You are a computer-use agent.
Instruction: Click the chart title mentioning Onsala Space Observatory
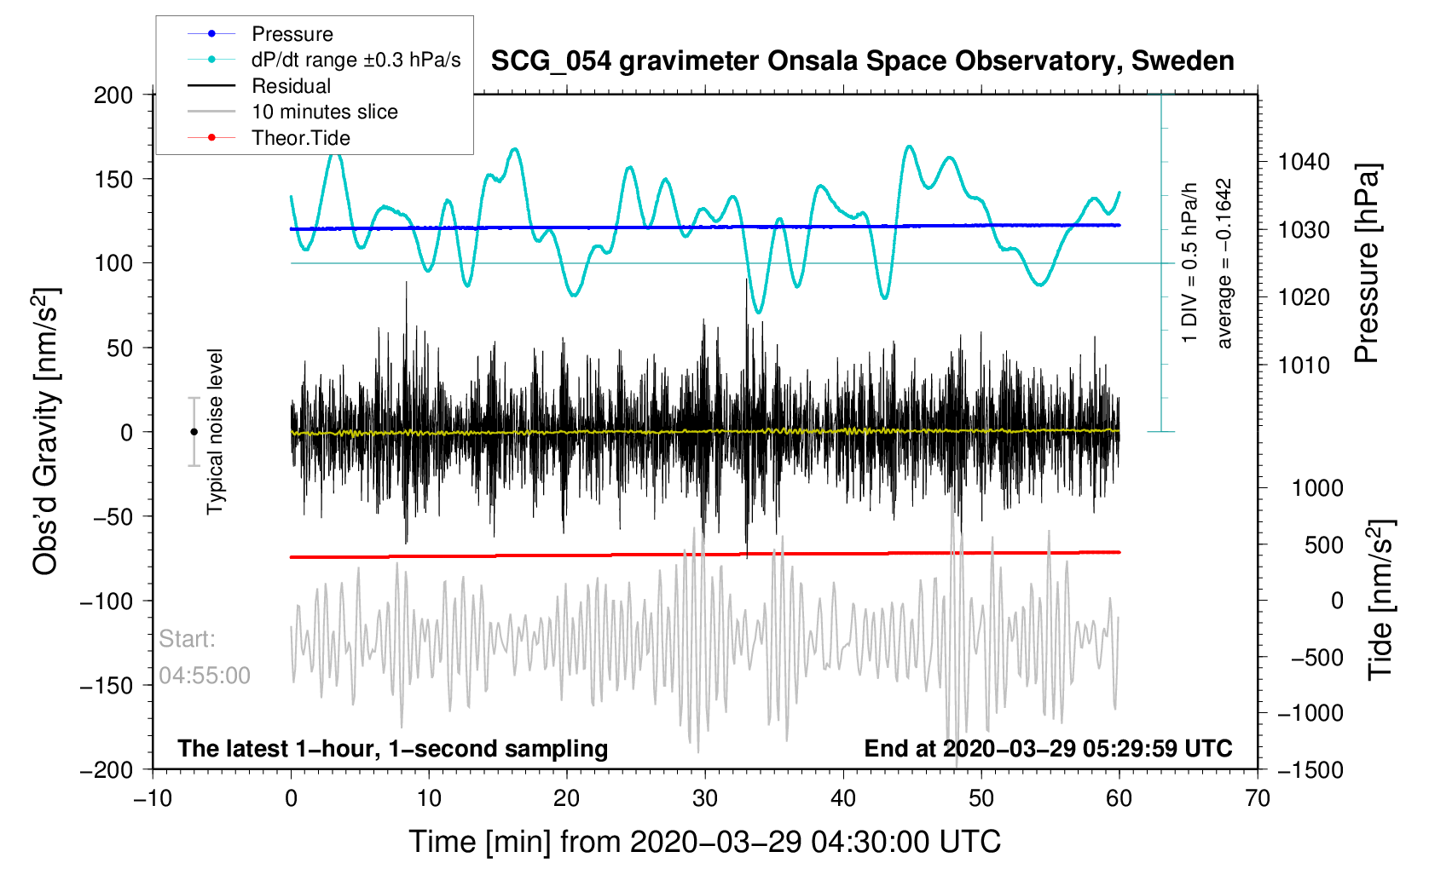click(862, 61)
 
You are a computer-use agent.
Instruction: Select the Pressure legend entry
click(292, 34)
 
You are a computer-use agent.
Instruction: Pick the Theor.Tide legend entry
click(300, 138)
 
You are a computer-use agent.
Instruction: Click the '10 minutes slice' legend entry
click(324, 112)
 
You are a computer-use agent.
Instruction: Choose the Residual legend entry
click(291, 86)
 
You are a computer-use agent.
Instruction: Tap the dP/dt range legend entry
click(356, 60)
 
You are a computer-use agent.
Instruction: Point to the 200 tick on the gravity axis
click(113, 95)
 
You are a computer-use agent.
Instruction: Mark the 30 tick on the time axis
click(705, 798)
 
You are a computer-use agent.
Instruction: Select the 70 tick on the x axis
click(1257, 798)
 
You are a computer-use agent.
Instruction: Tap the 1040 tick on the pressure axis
click(1304, 162)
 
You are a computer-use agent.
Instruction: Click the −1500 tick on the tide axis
click(1310, 769)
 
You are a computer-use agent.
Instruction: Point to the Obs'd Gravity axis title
click(46, 432)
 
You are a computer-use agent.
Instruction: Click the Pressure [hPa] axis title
click(1367, 263)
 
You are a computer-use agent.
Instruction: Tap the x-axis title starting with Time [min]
click(704, 842)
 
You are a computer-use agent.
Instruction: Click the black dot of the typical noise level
click(194, 432)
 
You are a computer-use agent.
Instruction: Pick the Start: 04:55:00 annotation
click(205, 657)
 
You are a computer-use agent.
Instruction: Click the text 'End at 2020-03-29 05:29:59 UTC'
click(1048, 749)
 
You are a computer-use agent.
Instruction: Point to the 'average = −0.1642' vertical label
click(1224, 263)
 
